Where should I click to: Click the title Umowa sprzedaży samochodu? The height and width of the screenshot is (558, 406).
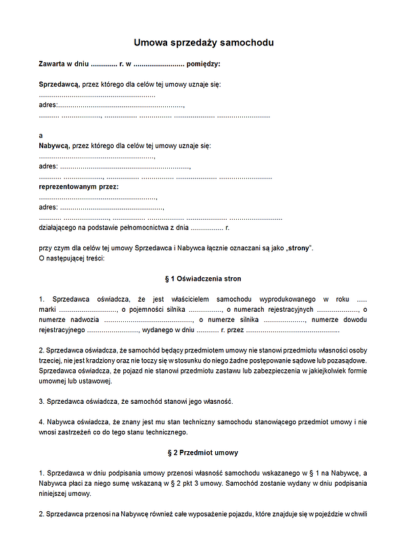click(x=203, y=43)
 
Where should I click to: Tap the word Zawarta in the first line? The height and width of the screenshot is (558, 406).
click(x=52, y=64)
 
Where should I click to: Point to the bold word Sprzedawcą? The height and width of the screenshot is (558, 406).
click(x=59, y=85)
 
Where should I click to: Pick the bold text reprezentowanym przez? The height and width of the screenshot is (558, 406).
click(x=78, y=186)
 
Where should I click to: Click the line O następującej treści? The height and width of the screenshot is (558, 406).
click(x=72, y=258)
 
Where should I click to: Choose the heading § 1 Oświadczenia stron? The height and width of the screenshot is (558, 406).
click(x=203, y=279)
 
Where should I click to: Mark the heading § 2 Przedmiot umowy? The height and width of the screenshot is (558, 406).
click(x=203, y=452)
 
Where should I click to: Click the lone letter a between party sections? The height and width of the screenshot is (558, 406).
click(x=41, y=135)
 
